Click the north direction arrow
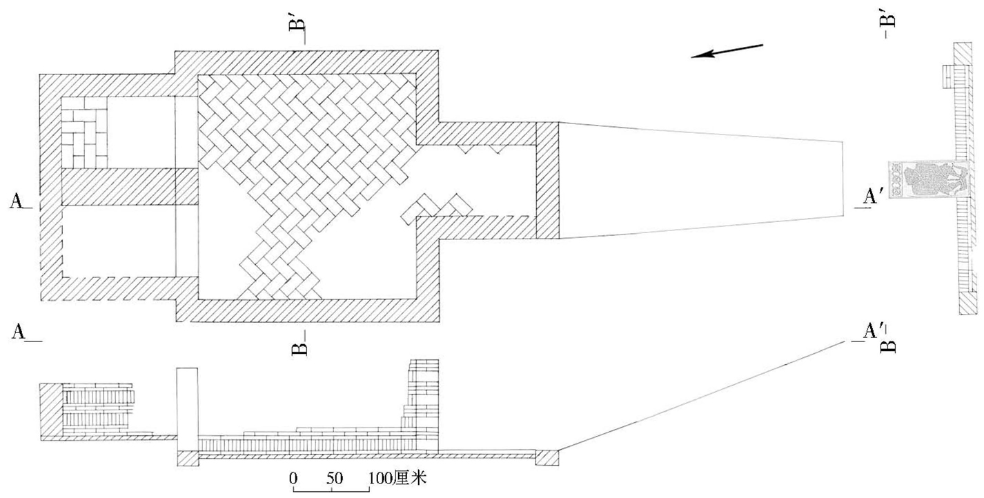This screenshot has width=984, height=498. click(x=727, y=52)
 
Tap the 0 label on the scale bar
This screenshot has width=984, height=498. click(x=294, y=477)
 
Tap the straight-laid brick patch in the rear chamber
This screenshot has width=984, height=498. click(x=85, y=132)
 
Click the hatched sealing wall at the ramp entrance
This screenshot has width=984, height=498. click(x=547, y=180)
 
